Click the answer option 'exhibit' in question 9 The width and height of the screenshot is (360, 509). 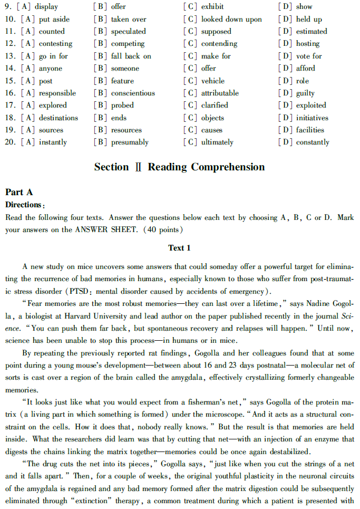coord(212,7)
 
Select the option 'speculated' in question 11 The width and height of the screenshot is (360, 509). coord(128,32)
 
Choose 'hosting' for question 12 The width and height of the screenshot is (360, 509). coord(307,44)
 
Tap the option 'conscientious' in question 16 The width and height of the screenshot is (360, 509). coord(133,93)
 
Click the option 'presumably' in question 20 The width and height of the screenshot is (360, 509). coord(130,142)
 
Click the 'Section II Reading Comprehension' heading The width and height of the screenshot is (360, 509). coord(179,167)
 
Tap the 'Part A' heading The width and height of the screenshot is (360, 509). coord(19,193)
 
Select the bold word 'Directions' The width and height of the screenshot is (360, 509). coord(23,205)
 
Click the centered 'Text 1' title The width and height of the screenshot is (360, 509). coord(179,248)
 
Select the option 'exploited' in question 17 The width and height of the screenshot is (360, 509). coord(310,105)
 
